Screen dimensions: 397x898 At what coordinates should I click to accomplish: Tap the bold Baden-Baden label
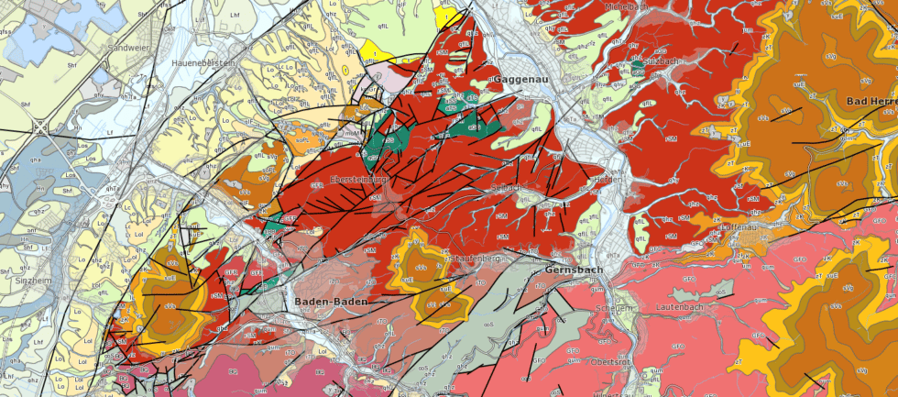[331, 302]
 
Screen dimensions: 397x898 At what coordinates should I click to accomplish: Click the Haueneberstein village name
[204, 62]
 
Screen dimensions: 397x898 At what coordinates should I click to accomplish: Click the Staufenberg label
[473, 259]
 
